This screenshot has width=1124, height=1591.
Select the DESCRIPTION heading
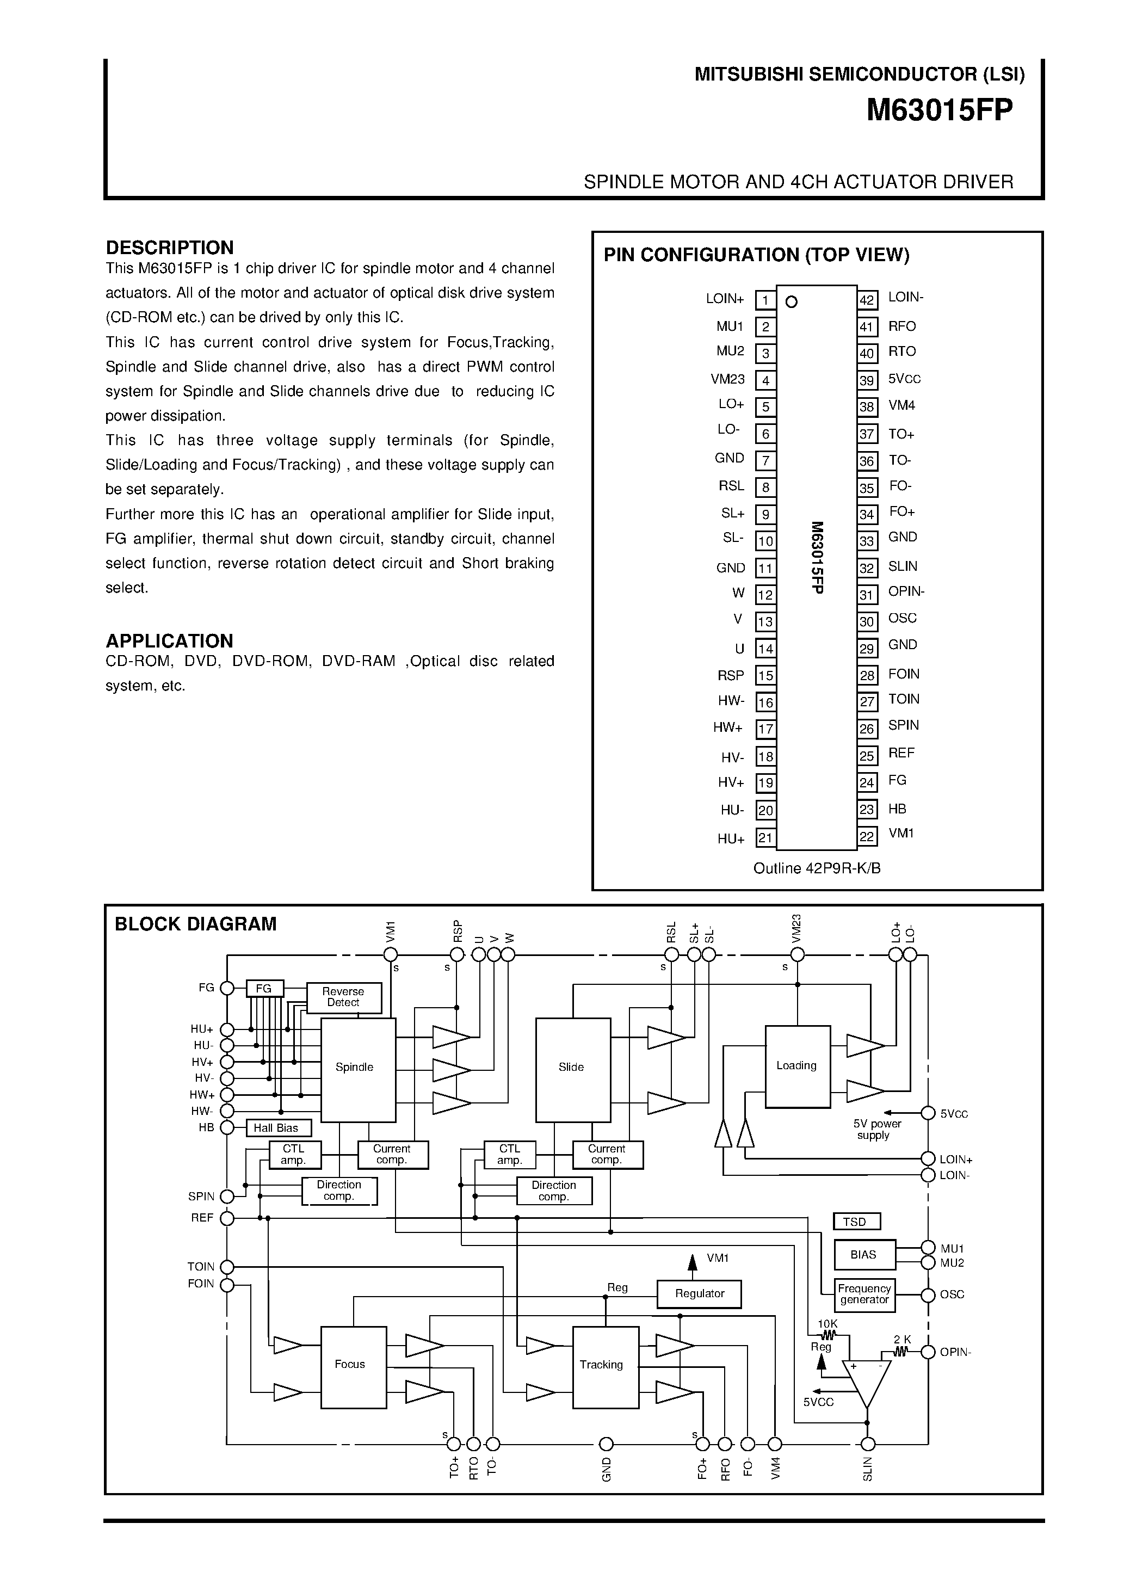pyautogui.click(x=169, y=248)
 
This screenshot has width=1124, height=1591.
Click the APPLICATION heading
pyautogui.click(x=169, y=640)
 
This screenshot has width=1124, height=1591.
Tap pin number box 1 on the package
pyautogui.click(x=765, y=300)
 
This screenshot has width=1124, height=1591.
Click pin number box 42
pyautogui.click(x=867, y=300)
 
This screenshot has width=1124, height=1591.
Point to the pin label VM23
pyautogui.click(x=727, y=379)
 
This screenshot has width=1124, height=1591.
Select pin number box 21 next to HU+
pyautogui.click(x=765, y=838)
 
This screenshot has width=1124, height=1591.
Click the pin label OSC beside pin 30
pyautogui.click(x=902, y=618)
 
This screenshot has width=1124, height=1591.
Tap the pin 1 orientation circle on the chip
pyautogui.click(x=792, y=301)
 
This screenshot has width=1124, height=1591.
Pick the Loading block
pyautogui.click(x=797, y=1066)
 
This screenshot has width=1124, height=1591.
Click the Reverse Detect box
pyautogui.click(x=344, y=997)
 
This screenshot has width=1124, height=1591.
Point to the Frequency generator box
pyautogui.click(x=863, y=1294)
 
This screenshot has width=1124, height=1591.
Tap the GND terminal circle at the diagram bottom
pyautogui.click(x=607, y=1445)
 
